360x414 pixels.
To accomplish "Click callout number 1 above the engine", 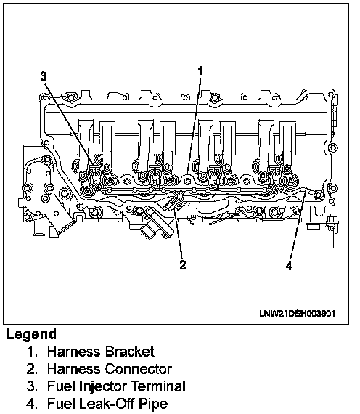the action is coord(200,71).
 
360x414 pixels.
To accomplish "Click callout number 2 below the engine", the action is coord(183,265).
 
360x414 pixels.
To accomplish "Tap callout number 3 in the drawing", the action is coord(44,76).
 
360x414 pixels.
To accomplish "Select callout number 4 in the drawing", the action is coord(290,266).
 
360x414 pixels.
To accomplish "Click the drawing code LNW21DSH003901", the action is coord(298,313).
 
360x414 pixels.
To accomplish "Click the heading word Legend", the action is coord(31,335).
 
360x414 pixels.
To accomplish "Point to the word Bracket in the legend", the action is coord(130,352).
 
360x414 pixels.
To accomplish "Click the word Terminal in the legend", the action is coord(158,386).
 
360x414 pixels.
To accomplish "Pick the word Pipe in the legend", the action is coord(153,405).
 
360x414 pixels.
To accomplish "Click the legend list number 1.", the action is coord(33,352).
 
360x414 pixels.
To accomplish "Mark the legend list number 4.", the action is coord(32,404).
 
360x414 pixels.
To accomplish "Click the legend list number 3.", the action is coord(32,386).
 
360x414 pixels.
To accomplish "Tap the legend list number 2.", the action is coord(32,369).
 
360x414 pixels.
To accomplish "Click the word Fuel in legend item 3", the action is coord(61,386).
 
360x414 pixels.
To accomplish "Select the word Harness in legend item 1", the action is coord(74,352).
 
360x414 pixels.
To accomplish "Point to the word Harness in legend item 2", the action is coord(74,369).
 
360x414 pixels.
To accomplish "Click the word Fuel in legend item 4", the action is coord(61,404).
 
